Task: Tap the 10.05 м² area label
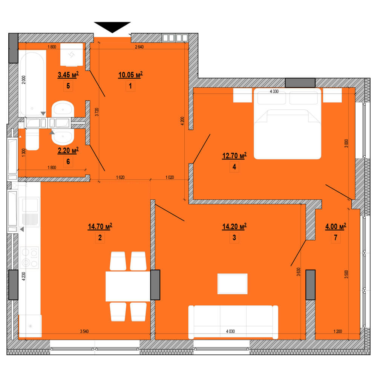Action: (130, 75)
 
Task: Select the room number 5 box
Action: (68, 86)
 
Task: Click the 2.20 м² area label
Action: (68, 150)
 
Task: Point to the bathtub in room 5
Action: (32, 83)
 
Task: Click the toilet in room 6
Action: (32, 139)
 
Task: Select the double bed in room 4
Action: (288, 124)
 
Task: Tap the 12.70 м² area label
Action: (234, 156)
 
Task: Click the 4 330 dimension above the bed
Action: (274, 91)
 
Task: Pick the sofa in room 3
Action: (233, 322)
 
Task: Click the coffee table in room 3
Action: (233, 284)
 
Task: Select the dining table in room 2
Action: (128, 286)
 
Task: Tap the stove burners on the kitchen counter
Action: (29, 257)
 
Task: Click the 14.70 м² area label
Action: (100, 227)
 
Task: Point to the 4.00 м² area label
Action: (336, 226)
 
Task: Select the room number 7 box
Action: (336, 238)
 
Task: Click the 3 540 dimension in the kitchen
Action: (84, 331)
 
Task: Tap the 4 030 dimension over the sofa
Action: (230, 331)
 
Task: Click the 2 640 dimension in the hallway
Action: (139, 47)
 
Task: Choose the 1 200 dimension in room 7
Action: (337, 331)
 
